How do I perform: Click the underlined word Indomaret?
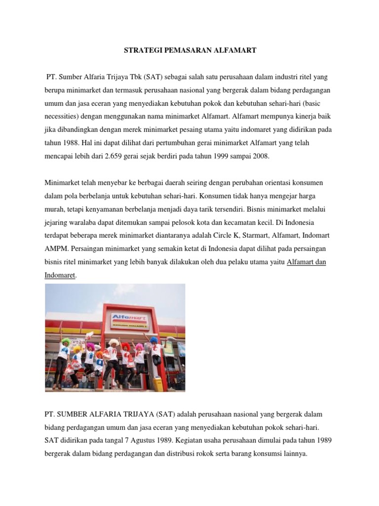pyautogui.click(x=59, y=274)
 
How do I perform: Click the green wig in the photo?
pyautogui.click(x=66, y=341)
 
